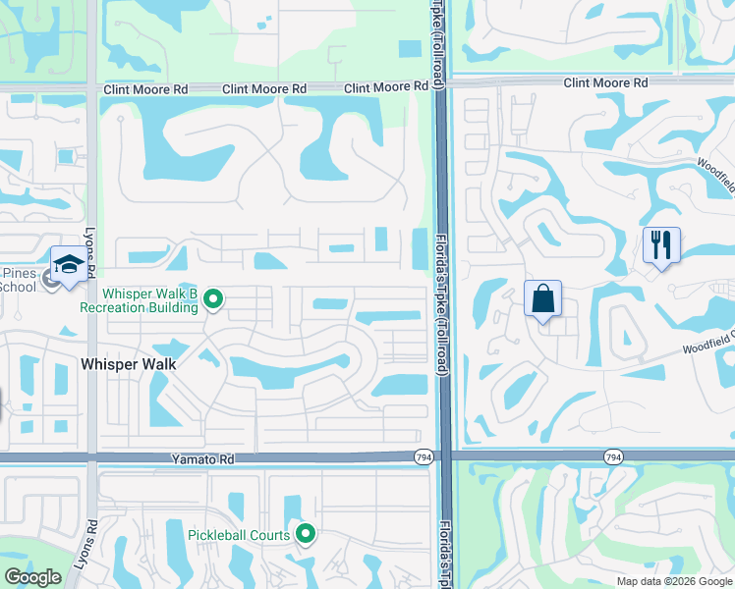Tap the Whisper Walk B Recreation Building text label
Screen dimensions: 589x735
(151, 300)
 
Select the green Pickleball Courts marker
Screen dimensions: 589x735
(306, 534)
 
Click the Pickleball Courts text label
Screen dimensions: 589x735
(239, 535)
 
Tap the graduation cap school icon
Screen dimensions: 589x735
(69, 264)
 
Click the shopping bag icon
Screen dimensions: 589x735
(543, 298)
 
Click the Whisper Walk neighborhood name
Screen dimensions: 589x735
(128, 364)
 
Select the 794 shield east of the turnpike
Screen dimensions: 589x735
(613, 457)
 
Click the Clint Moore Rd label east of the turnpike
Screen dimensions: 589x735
(604, 83)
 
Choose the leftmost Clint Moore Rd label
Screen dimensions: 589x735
(145, 89)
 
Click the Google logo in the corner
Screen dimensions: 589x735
(32, 577)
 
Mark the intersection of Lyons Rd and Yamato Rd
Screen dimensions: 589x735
(91, 457)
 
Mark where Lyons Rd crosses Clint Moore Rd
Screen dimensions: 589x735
(91, 87)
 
